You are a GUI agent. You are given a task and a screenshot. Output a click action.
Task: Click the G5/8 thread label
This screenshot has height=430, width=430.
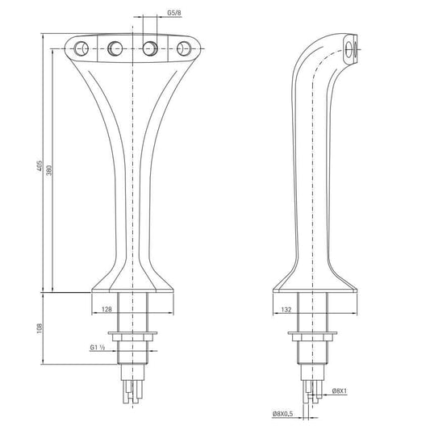pos(173,14)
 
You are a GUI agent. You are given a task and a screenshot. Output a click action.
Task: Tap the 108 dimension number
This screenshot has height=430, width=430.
pos(40,329)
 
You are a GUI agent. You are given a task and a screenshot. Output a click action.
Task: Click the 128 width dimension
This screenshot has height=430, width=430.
pos(106,308)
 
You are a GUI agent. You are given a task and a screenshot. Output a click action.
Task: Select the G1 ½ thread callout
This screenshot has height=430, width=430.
pos(99,349)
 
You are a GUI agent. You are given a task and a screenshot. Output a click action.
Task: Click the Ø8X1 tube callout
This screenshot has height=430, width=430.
pos(340,391)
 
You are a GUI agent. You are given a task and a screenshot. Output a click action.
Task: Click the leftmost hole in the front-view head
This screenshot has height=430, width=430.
pos(81,48)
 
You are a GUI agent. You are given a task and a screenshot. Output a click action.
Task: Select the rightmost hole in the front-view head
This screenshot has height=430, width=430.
pos(182,48)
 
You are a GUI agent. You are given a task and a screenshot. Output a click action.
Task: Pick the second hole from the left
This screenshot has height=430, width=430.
pos(115,48)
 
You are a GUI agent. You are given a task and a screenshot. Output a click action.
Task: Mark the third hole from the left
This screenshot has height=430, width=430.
pos(148,48)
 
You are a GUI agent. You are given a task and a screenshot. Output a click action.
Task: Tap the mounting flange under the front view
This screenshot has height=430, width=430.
pos(132,333)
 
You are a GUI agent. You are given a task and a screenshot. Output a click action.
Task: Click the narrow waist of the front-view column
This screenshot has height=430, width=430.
pos(132,186)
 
